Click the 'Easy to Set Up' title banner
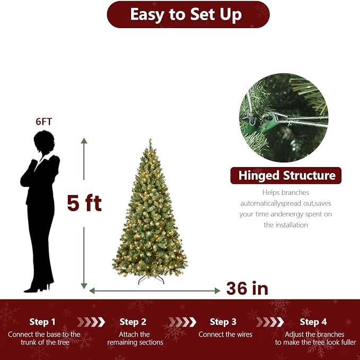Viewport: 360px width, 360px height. pos(188,14)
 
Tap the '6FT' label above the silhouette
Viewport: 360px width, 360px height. pos(43,121)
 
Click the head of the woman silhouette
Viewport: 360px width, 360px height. pos(43,142)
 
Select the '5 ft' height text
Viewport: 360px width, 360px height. pos(84,203)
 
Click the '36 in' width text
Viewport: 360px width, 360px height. pos(247,288)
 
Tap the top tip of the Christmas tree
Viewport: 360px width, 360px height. pos(150,141)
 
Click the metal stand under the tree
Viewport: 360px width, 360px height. pos(151,279)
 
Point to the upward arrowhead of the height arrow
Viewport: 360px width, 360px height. pos(84,141)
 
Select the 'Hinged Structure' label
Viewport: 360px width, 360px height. pos(286,175)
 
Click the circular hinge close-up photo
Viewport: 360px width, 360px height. pos(283,118)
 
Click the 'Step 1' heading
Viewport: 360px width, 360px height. pos(42,322)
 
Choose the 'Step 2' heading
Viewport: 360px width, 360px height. pos(133,322)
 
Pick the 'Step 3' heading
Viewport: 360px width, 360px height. pos(223,322)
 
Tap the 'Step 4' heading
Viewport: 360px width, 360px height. pos(313,322)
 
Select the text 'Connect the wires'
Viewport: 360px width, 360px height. pos(225,335)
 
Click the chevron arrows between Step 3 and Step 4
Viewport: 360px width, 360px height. pos(269,322)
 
